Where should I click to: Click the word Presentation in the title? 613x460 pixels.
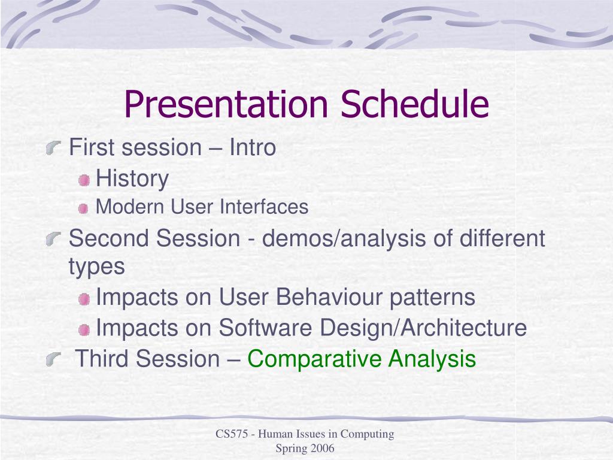pyautogui.click(x=226, y=104)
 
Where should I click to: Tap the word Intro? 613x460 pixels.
pyautogui.click(x=253, y=147)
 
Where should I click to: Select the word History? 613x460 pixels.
pyautogui.click(x=132, y=179)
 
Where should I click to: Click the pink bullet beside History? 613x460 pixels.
pyautogui.click(x=84, y=180)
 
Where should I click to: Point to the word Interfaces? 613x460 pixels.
pyautogui.click(x=264, y=207)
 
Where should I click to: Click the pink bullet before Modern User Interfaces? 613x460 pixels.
pyautogui.click(x=83, y=209)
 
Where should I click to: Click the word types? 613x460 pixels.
pyautogui.click(x=97, y=267)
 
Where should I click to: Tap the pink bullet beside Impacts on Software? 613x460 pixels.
pyautogui.click(x=84, y=330)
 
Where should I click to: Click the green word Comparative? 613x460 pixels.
pyautogui.click(x=314, y=359)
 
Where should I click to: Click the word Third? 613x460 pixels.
pyautogui.click(x=102, y=358)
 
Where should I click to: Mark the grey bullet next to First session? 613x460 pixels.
pyautogui.click(x=53, y=149)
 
